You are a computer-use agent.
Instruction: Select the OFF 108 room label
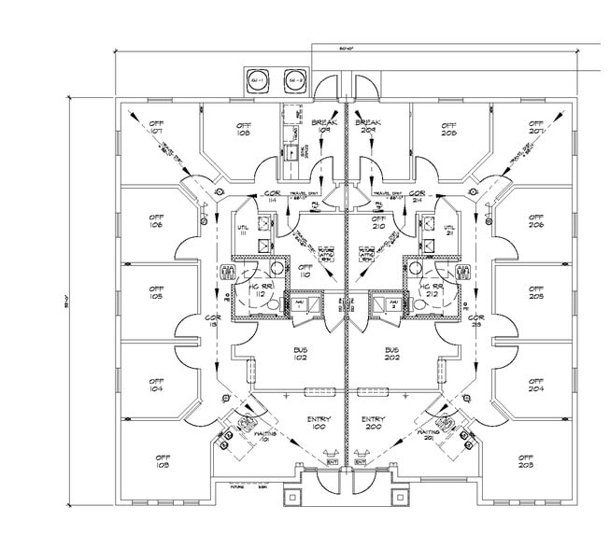pos(244,129)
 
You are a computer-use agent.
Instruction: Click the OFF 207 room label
pos(536,127)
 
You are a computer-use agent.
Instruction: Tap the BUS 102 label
pos(301,352)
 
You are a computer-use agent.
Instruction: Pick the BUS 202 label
pos(392,352)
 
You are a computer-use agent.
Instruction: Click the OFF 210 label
pos(378,222)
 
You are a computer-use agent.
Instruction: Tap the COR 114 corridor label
pos(271,196)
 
